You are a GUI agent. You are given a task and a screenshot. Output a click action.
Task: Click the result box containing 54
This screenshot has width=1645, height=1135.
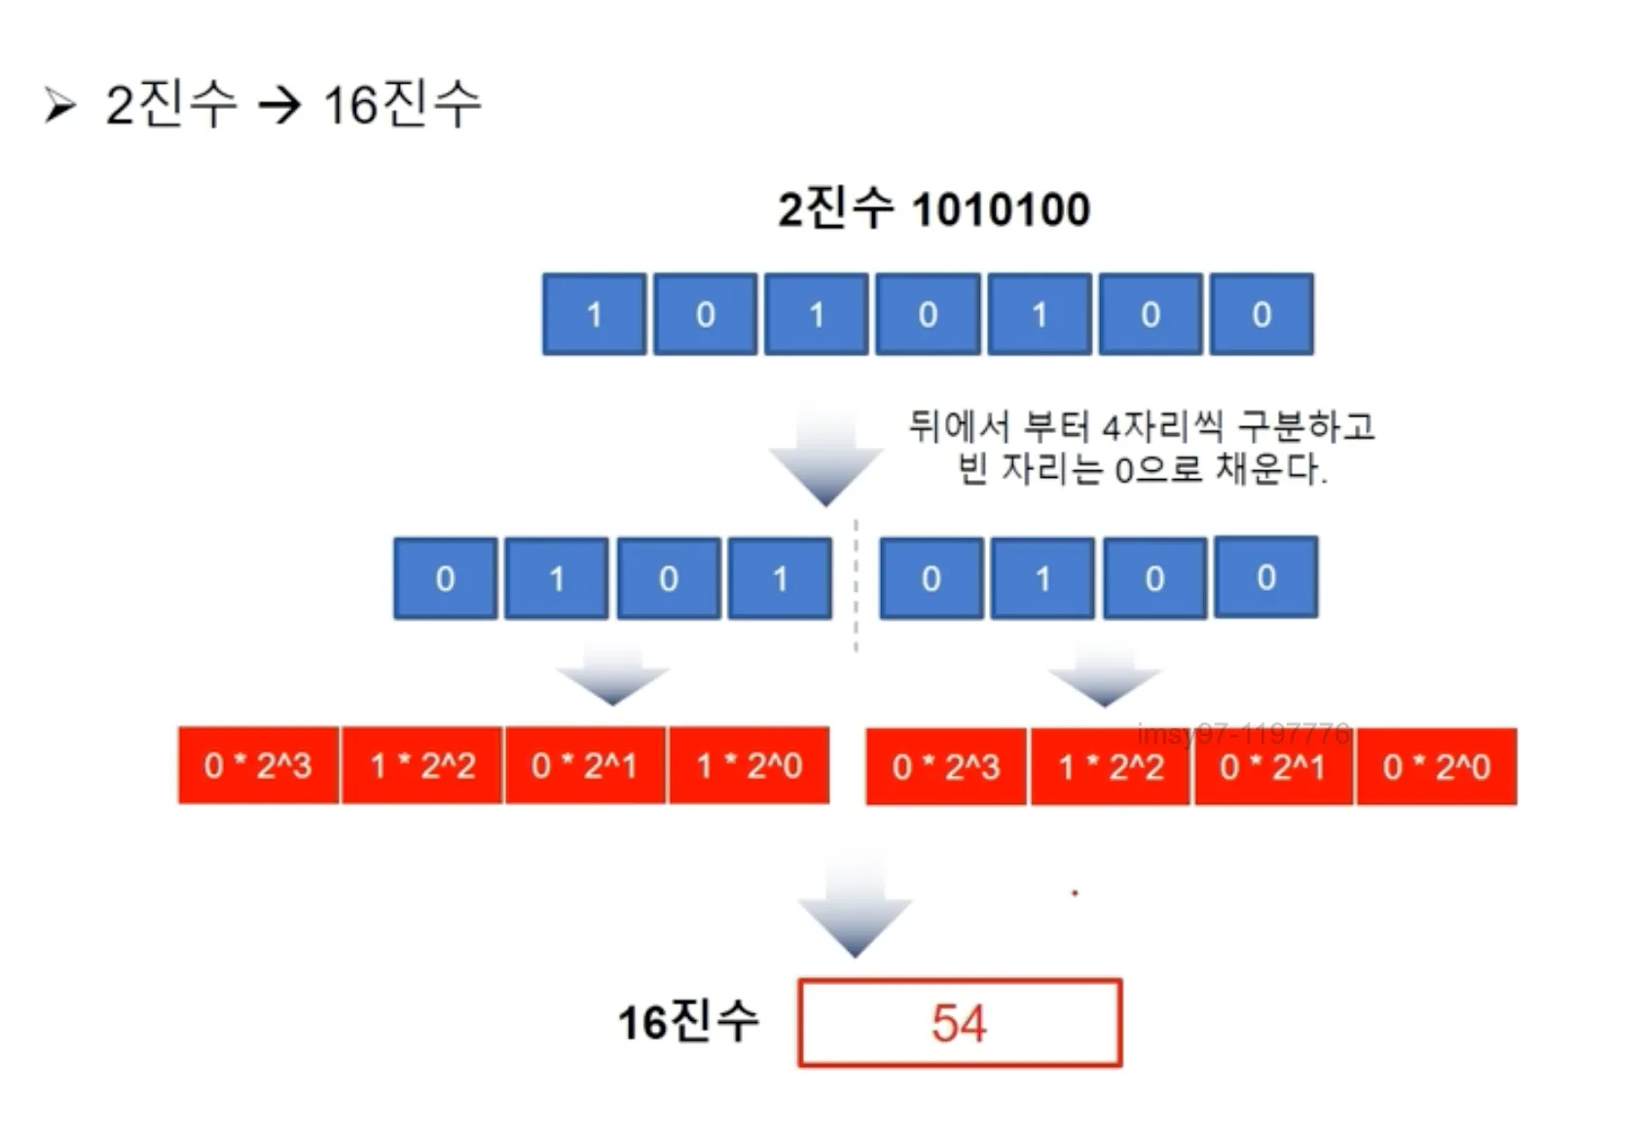(959, 1023)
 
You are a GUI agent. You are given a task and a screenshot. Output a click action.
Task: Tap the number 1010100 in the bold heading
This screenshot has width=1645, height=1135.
(1001, 209)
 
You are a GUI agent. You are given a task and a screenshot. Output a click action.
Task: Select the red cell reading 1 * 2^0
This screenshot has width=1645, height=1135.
(749, 766)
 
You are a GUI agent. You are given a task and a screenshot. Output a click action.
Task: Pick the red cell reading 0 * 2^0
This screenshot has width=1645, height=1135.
(1436, 767)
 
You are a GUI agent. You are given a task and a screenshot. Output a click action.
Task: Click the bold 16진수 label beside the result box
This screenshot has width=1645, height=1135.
(688, 1022)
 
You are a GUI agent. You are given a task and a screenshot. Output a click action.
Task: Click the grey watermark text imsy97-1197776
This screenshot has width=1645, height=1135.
(1243, 733)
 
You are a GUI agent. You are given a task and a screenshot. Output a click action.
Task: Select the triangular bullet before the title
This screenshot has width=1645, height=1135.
(59, 104)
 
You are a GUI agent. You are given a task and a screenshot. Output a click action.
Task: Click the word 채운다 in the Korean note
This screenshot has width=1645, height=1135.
(1269, 470)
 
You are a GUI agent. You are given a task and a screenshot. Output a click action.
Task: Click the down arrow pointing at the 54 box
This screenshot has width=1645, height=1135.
(855, 910)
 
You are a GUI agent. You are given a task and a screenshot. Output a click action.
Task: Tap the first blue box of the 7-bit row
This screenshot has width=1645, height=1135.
(594, 314)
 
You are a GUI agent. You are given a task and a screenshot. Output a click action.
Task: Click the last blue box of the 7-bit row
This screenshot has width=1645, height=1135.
(1261, 314)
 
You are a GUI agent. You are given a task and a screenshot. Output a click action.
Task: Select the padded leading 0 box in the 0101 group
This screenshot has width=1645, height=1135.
(445, 578)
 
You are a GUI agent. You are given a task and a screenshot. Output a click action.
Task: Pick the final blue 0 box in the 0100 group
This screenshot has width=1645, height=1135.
(1265, 577)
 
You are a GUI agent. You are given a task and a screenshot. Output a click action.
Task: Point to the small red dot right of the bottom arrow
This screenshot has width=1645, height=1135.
(1075, 893)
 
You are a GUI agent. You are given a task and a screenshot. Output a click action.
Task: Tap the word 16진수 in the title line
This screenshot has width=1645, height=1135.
(402, 104)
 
